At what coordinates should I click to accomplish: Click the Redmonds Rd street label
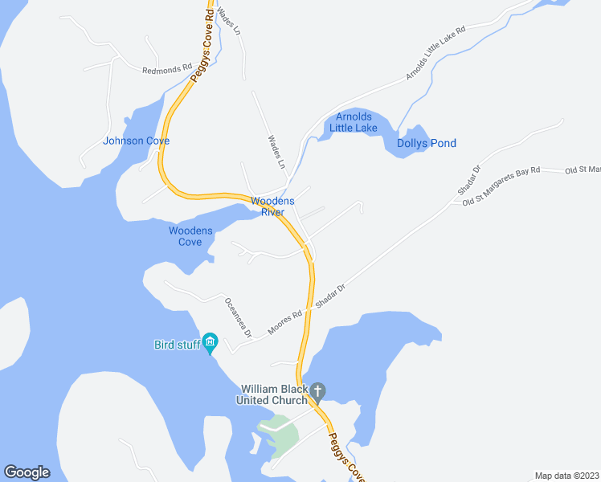[x=167, y=70]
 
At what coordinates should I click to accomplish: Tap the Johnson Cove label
[x=136, y=141]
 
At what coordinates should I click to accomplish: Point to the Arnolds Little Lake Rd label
[x=436, y=53]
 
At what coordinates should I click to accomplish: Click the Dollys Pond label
[x=427, y=143]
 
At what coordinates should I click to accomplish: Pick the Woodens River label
[x=272, y=206]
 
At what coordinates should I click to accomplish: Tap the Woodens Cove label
[x=190, y=236]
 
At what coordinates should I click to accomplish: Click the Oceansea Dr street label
[x=238, y=317]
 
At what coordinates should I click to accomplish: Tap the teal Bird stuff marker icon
[x=210, y=342]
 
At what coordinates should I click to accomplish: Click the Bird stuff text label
[x=176, y=345]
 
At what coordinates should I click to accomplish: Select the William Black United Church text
[x=272, y=394]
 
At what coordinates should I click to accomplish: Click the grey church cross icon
[x=317, y=392]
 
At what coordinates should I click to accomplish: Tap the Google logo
[x=27, y=472]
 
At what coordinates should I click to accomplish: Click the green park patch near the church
[x=278, y=434]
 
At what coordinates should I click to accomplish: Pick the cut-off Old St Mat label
[x=583, y=170]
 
